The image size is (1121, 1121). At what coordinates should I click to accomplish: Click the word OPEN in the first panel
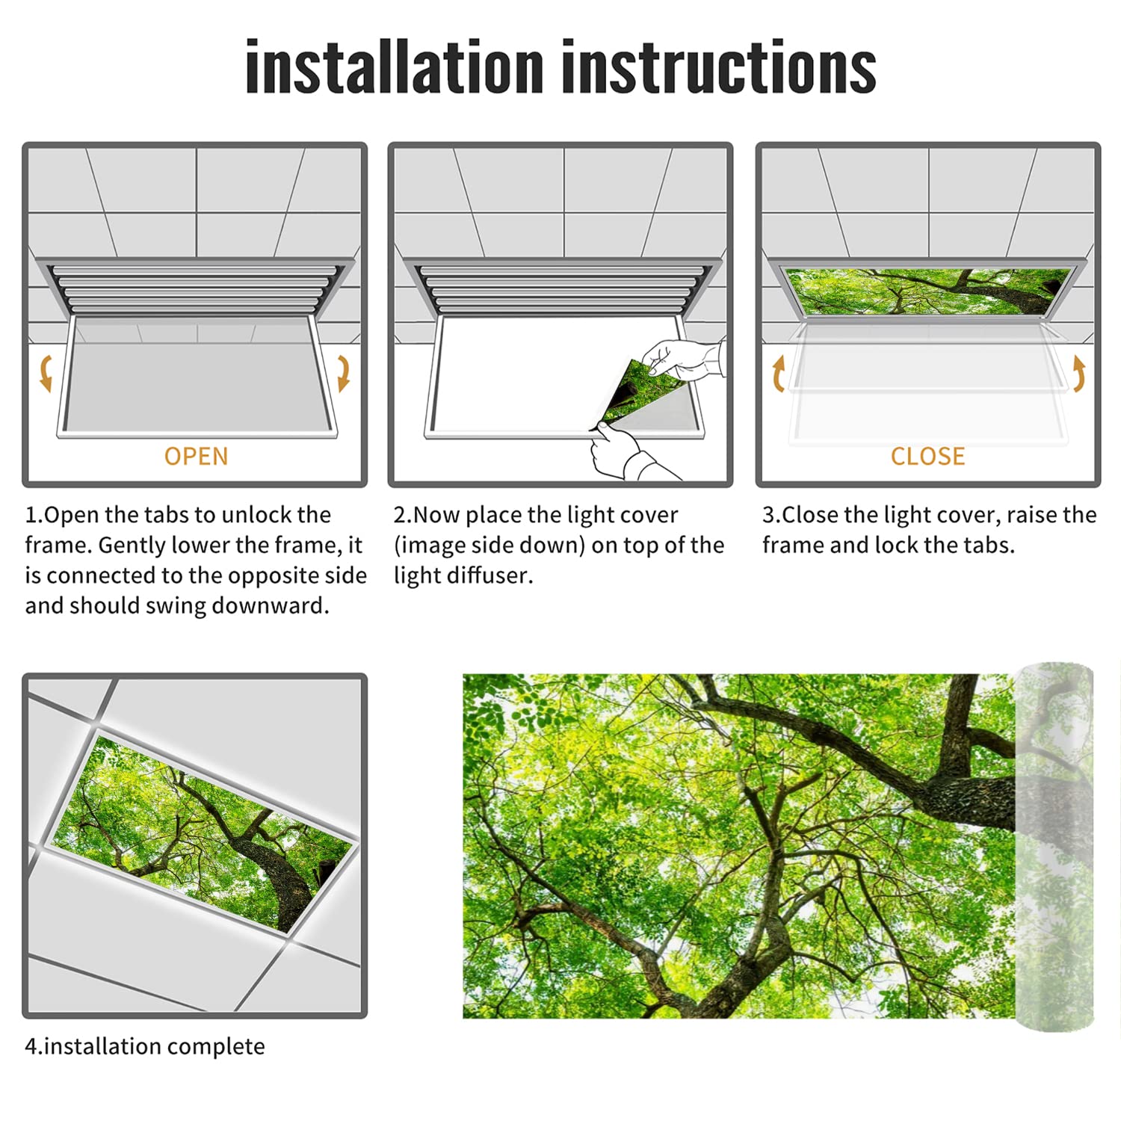click(196, 456)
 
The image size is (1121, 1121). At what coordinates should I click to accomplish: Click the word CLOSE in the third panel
click(927, 456)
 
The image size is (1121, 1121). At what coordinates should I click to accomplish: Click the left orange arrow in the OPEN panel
click(46, 373)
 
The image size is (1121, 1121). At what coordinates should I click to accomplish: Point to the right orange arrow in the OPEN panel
click(343, 373)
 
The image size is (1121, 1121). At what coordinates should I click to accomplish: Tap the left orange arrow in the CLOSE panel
click(779, 373)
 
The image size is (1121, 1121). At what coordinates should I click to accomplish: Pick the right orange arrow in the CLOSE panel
click(1078, 373)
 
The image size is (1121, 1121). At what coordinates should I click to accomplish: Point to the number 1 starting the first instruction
click(31, 515)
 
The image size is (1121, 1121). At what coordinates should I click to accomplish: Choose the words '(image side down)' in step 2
click(489, 546)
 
